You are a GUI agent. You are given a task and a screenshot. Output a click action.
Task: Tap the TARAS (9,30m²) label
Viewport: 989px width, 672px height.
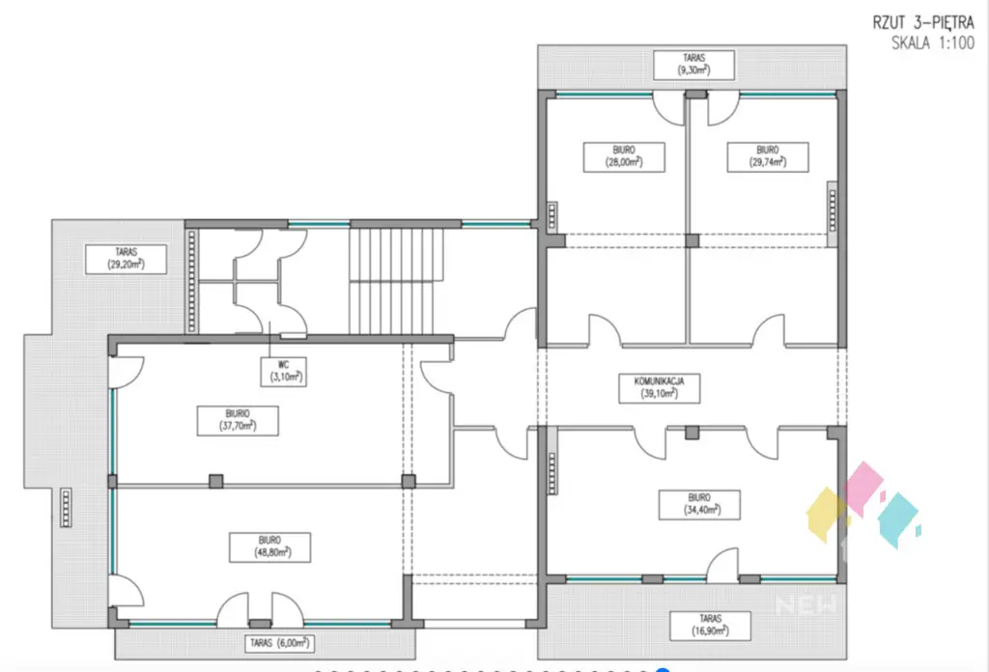coord(693,65)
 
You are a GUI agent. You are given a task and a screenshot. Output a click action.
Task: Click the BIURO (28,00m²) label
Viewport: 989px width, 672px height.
coord(611,156)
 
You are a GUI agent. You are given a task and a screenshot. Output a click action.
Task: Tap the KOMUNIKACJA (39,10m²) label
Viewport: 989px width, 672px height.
coord(660,387)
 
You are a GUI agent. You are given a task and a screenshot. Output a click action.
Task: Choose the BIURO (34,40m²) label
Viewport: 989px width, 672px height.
coord(691,503)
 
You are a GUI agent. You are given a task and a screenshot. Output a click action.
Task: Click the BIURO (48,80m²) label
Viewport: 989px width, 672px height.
coord(260,546)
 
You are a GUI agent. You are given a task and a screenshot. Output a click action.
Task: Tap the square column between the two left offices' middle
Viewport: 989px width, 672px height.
coord(214,480)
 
